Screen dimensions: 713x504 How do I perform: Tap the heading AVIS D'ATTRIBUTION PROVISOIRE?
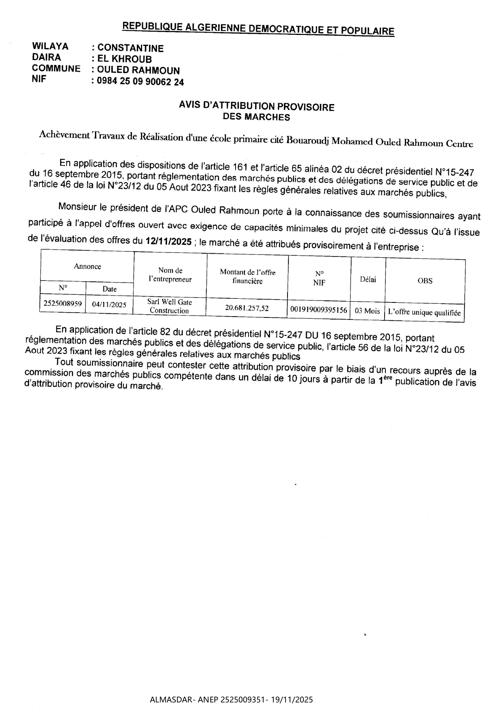pos(257,107)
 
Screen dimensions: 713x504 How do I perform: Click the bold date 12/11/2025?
pos(168,241)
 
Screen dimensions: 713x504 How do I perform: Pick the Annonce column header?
pos(87,267)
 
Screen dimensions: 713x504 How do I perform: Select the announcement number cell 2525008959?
pos(63,303)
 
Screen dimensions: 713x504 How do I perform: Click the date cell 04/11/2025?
pos(109,304)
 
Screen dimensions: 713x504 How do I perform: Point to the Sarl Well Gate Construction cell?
pos(169,306)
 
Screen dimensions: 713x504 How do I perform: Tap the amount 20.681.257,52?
pos(247,308)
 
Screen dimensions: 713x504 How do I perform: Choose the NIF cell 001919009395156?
pos(319,310)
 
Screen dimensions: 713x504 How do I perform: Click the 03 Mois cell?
pos(367,311)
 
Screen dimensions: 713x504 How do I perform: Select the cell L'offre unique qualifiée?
pos(424,313)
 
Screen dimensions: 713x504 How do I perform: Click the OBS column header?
pos(425,281)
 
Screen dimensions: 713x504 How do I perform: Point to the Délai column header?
pos(368,279)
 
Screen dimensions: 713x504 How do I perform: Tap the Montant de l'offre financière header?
pos(247,277)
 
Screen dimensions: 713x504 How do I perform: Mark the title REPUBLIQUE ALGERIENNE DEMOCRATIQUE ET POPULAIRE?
pos(258,29)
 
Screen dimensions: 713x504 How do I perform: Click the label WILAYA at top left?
pos(50,46)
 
